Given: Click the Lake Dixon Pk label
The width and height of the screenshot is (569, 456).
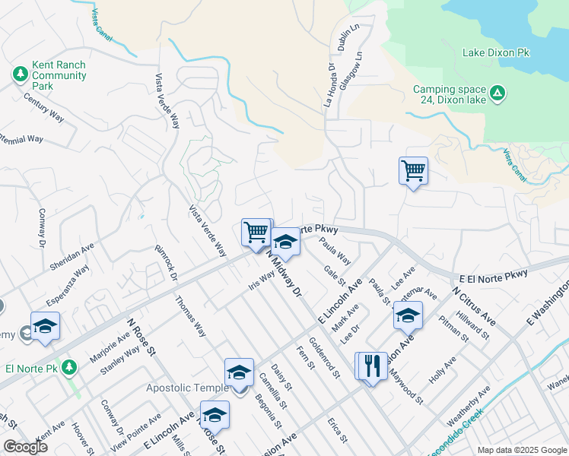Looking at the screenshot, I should (495, 53).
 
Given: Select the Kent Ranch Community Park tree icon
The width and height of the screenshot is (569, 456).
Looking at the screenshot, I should (19, 75).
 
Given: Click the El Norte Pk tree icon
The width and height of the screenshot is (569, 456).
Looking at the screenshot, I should (69, 367).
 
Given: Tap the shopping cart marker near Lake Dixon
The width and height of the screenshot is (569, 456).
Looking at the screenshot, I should (413, 171).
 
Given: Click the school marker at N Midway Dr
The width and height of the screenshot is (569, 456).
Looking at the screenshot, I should (286, 242).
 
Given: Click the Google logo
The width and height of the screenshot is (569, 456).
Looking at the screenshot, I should (25, 446).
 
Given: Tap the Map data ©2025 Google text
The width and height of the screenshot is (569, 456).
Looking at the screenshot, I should (521, 450).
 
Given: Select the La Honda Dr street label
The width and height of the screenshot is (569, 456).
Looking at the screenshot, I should (330, 87).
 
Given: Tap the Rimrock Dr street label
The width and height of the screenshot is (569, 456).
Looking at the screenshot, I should (165, 261).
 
